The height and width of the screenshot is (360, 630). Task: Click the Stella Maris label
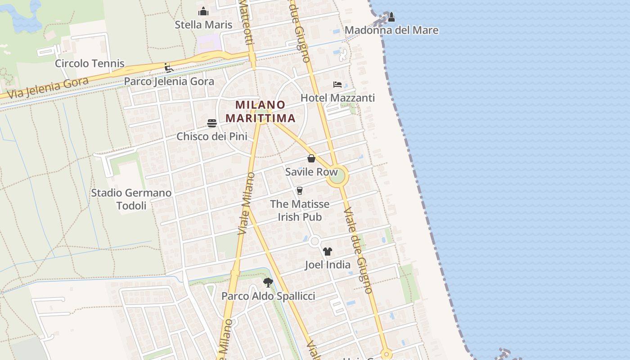[x=203, y=25]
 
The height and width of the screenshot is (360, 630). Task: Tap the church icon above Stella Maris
[x=203, y=11]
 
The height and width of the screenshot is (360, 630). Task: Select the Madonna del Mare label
[x=391, y=30]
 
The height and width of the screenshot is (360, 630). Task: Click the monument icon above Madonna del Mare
[x=391, y=17]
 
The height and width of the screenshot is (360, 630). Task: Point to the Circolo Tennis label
[x=90, y=63]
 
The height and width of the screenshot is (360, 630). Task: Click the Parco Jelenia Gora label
[x=169, y=81]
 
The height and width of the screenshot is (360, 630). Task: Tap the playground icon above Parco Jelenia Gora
[x=169, y=68]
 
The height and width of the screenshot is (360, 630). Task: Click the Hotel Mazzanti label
[x=337, y=98]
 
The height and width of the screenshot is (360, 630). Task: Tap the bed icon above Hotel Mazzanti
[x=337, y=85]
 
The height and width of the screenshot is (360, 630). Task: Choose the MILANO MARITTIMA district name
[x=261, y=112]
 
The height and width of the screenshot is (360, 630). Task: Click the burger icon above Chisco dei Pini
[x=212, y=123]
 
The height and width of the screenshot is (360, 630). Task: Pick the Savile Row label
[x=311, y=172]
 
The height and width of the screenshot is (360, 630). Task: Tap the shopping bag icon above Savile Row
[x=311, y=158]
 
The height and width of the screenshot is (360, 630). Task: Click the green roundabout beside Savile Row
[x=337, y=176]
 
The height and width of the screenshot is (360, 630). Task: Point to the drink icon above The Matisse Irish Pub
[x=300, y=191]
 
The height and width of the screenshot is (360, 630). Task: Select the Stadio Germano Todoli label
[x=131, y=199]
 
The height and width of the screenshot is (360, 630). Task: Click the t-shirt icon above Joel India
[x=328, y=252]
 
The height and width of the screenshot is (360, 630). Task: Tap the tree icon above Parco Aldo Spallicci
[x=268, y=283]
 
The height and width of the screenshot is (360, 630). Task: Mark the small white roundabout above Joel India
[x=315, y=241]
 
